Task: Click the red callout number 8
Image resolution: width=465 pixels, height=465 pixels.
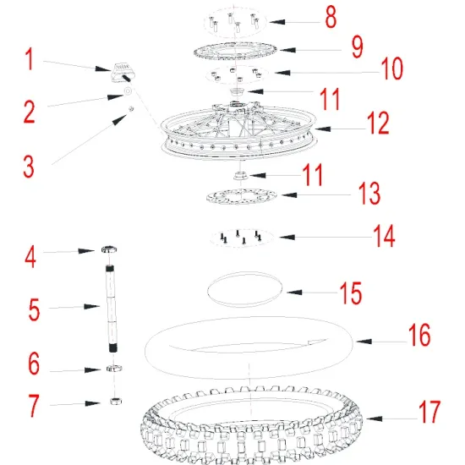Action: (x=331, y=17)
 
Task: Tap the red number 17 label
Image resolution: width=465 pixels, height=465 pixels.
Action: (x=429, y=412)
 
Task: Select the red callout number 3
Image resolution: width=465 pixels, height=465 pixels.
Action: (x=29, y=167)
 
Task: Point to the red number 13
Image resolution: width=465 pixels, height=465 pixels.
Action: (x=369, y=193)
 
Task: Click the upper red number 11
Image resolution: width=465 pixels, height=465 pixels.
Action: (x=330, y=99)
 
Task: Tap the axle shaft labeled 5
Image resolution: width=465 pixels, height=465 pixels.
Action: (x=111, y=309)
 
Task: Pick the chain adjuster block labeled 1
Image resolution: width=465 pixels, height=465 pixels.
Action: (x=121, y=72)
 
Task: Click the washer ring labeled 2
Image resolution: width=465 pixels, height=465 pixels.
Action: (x=128, y=91)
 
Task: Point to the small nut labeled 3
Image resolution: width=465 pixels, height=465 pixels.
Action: (x=131, y=109)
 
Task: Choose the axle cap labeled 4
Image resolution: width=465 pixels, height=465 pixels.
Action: (x=109, y=249)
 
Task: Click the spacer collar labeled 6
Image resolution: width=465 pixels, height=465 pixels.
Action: (x=114, y=369)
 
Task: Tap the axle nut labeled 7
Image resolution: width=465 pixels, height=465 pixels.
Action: (x=116, y=402)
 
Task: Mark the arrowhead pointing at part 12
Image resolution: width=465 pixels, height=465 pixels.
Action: (x=323, y=129)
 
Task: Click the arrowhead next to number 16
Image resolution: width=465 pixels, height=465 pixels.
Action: (x=364, y=342)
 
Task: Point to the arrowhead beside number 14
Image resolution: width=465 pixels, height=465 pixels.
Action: (x=287, y=237)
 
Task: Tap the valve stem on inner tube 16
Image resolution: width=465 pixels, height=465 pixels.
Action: (x=317, y=342)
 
